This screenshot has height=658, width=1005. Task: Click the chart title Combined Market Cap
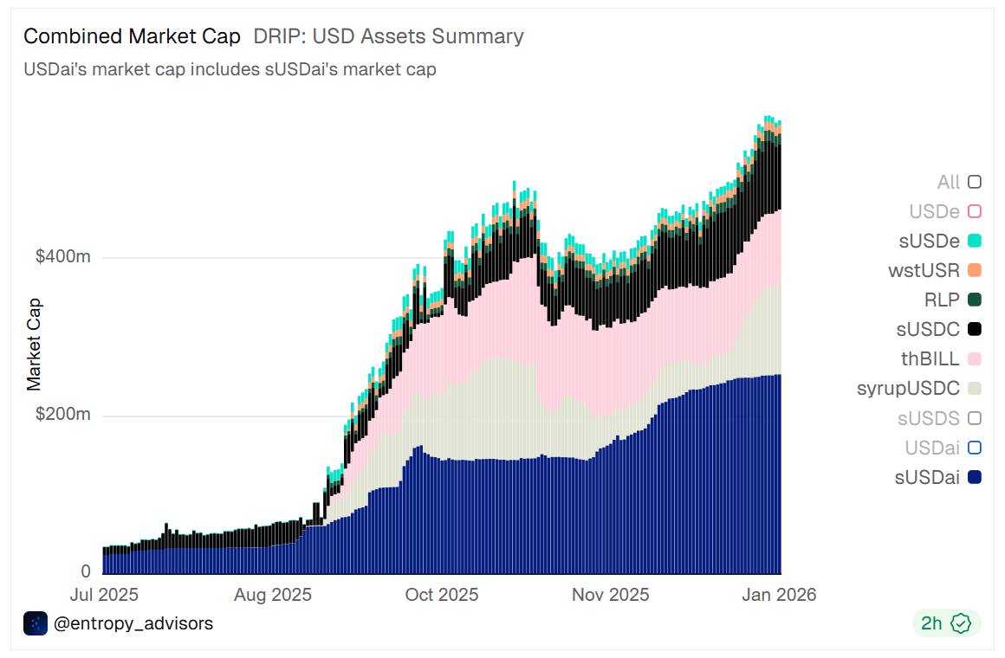coord(132,36)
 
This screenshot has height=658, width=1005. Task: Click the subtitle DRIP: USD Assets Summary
coord(388,36)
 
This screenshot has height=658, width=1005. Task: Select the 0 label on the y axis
coord(86,571)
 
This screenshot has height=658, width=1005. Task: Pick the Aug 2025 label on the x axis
coord(274,596)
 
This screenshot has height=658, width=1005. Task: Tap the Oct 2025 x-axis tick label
coord(443,596)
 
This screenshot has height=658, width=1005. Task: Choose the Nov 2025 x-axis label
coord(612,596)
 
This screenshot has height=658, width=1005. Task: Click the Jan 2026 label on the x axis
coord(781,596)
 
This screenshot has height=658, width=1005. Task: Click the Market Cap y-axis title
coord(35,345)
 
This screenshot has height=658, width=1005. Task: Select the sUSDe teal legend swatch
coord(975,241)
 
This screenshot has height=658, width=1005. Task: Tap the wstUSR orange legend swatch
coord(975,270)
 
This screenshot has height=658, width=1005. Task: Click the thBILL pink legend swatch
coord(975,358)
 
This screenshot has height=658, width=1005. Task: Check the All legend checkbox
coord(975,182)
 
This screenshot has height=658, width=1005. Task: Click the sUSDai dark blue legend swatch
coord(975,476)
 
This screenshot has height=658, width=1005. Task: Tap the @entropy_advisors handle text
coord(133,623)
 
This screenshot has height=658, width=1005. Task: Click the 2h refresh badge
coord(945,623)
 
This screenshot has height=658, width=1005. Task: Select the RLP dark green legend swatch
coord(975,300)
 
